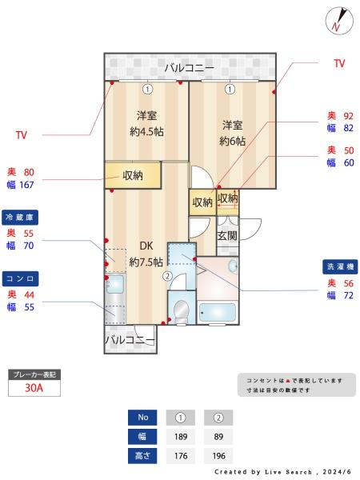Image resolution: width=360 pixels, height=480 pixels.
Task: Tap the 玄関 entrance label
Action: coord(227,236)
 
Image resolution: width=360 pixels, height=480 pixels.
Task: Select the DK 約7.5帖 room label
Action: coord(146,254)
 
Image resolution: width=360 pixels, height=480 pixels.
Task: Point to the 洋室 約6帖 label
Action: coord(232,132)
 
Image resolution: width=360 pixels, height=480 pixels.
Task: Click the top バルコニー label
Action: coord(189,68)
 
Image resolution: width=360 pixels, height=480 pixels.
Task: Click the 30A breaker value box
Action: coord(34,388)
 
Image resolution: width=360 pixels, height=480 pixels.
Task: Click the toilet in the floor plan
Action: coord(182,309)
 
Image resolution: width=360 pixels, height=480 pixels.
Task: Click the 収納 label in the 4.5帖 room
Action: coord(133,175)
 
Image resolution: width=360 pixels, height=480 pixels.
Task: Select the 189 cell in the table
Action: coord(180,437)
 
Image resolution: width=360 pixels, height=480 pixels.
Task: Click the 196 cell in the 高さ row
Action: coord(218,456)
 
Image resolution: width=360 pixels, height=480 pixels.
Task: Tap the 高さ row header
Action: coord(142,456)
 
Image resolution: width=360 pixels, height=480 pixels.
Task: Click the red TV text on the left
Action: coord(22,136)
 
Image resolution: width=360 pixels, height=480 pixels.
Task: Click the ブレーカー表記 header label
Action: coord(34,374)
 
